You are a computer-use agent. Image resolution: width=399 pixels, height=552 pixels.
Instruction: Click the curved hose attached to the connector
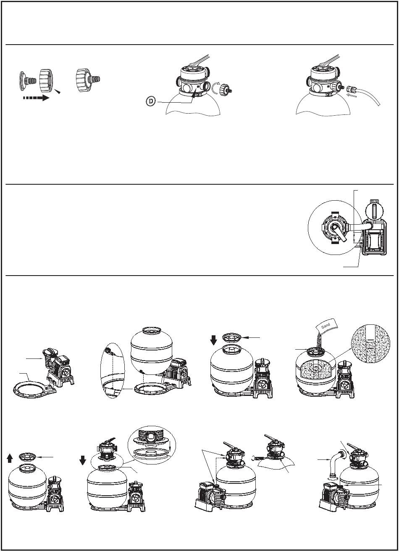[370, 97]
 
